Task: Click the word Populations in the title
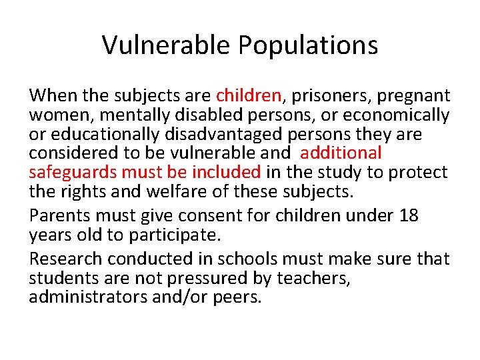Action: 307,46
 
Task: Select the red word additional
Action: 341,153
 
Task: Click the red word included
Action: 226,172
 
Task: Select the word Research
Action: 65,259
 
